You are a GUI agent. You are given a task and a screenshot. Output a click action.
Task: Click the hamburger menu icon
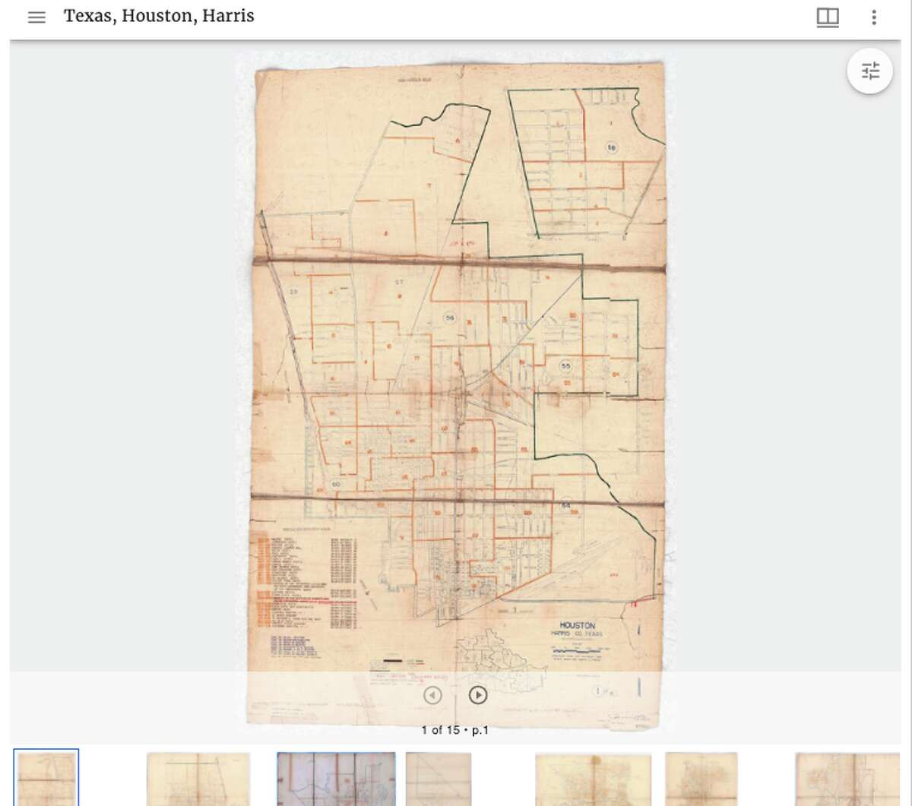[36, 17]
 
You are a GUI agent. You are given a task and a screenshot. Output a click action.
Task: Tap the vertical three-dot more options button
[875, 17]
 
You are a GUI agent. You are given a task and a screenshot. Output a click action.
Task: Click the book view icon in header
[828, 17]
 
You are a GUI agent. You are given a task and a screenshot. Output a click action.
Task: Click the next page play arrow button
[477, 694]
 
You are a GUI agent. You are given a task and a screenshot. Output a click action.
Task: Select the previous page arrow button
[432, 694]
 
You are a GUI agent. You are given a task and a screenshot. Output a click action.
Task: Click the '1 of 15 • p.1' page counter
[455, 730]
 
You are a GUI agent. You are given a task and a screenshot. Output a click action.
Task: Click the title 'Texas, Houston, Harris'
[159, 16]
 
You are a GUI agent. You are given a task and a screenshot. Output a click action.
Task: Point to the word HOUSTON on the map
[578, 625]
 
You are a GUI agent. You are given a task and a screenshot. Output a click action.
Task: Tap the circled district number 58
[611, 147]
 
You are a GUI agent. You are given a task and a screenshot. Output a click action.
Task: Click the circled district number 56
[450, 318]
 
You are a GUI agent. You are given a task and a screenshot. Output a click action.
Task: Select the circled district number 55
[565, 366]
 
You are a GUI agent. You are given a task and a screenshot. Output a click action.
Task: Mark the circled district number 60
[337, 484]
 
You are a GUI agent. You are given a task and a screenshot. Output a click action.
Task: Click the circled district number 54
[565, 505]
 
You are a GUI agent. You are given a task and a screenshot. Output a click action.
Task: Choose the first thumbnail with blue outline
[46, 777]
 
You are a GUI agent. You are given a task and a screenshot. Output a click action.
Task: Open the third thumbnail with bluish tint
[336, 779]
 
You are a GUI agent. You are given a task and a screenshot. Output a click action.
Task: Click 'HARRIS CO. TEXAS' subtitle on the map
[578, 634]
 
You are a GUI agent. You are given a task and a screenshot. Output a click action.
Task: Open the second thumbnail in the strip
[198, 779]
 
